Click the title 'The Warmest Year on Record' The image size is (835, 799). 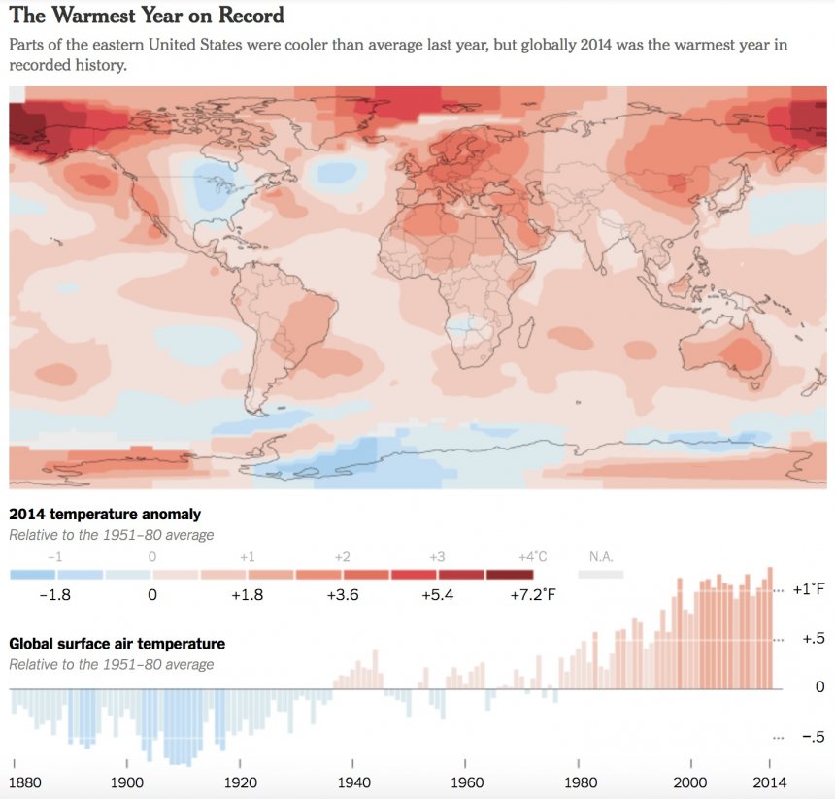(147, 16)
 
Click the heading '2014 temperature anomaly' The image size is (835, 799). (105, 515)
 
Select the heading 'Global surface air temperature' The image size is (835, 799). (117, 644)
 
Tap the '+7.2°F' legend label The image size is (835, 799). (532, 595)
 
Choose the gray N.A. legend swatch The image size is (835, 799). (600, 575)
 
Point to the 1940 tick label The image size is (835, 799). (352, 782)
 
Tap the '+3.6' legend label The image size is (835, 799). (343, 595)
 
